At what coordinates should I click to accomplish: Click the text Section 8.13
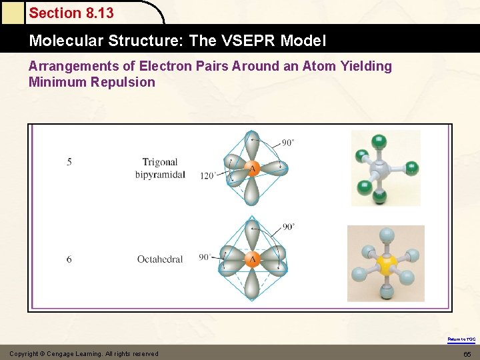(x=71, y=13)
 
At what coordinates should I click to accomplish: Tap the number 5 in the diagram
(x=69, y=162)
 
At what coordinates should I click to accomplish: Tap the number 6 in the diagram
(x=69, y=259)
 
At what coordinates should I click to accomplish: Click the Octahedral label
(x=160, y=259)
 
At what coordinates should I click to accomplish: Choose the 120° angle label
(x=207, y=176)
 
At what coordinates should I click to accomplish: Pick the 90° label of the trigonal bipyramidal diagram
(x=288, y=143)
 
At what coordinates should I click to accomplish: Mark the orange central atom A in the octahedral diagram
(x=253, y=259)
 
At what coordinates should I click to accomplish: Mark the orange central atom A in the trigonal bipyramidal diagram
(x=253, y=169)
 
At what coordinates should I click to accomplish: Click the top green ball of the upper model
(x=379, y=141)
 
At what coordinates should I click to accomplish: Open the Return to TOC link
(x=461, y=339)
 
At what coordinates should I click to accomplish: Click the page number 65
(x=467, y=353)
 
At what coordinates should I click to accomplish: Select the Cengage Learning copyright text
(x=84, y=353)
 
